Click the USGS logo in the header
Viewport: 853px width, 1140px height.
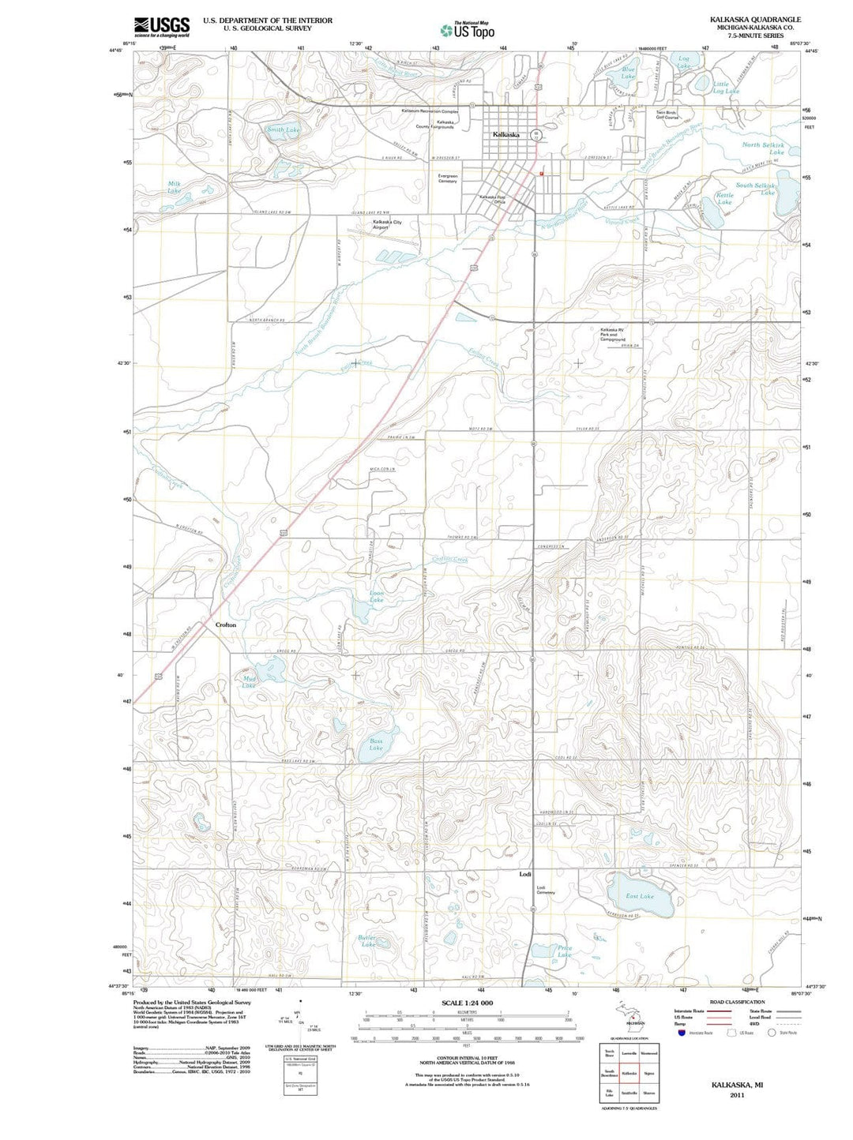click(x=162, y=27)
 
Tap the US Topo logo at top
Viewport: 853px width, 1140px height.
click(x=468, y=30)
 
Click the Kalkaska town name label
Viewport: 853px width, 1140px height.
click(x=505, y=135)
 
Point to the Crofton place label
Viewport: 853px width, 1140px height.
click(x=226, y=624)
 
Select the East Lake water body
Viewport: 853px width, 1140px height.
click(x=641, y=897)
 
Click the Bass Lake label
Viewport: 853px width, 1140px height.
click(x=376, y=744)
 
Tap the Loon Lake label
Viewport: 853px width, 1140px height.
click(x=377, y=596)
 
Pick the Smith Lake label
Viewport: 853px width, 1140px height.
click(x=283, y=129)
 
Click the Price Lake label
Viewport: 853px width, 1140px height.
click(x=564, y=951)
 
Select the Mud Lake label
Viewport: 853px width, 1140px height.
click(x=250, y=682)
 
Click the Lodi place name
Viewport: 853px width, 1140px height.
click(x=525, y=875)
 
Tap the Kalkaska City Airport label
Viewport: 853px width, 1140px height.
click(x=387, y=225)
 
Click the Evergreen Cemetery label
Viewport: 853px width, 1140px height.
click(x=447, y=178)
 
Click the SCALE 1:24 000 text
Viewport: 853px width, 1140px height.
click(x=467, y=1003)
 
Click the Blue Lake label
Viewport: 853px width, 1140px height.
click(x=628, y=73)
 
